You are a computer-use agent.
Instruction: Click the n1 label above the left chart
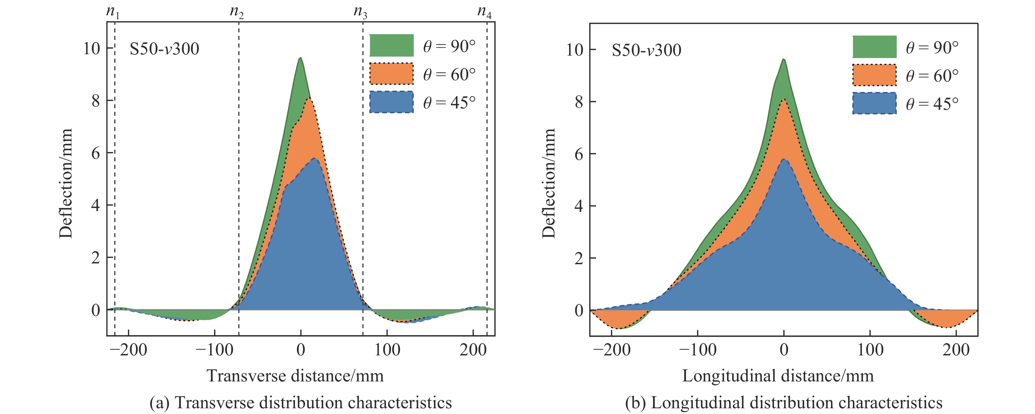(113, 13)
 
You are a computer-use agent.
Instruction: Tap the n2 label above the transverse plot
(237, 13)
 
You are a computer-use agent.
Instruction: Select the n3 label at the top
(360, 13)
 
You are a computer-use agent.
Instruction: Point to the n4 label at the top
(484, 13)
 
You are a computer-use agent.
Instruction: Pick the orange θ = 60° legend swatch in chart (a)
(391, 74)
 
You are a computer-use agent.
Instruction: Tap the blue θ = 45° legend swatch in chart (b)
(874, 103)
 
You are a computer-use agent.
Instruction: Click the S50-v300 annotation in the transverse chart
(164, 49)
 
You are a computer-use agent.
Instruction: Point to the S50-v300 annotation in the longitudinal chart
(646, 50)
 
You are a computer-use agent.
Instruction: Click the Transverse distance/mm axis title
(295, 376)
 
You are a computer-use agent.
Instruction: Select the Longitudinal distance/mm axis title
(778, 376)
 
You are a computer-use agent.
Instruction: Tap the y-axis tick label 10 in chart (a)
(92, 48)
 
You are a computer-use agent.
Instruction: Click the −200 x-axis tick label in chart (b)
(611, 350)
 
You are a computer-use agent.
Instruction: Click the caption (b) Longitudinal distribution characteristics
(783, 402)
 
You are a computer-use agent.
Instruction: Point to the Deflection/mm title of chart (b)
(549, 183)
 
